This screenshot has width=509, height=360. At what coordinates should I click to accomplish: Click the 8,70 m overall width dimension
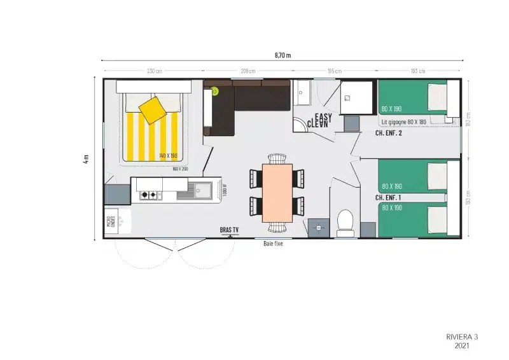(282, 55)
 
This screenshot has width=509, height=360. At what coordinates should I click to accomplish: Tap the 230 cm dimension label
(154, 71)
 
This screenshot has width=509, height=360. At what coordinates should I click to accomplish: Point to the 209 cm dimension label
(248, 71)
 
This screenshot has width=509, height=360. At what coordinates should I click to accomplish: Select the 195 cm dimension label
(334, 71)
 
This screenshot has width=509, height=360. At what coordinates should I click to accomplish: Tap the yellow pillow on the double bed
(153, 109)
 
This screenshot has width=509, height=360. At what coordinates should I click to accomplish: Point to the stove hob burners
(149, 195)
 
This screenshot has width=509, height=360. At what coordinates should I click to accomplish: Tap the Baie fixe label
(273, 243)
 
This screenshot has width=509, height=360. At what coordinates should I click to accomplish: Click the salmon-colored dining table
(277, 193)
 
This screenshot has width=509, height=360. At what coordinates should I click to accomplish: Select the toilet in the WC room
(345, 223)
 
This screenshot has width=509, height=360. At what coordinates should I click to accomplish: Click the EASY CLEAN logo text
(319, 121)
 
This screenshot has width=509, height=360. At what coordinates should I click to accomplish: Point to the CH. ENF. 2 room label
(389, 134)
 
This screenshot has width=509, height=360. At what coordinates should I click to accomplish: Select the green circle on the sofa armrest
(215, 92)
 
